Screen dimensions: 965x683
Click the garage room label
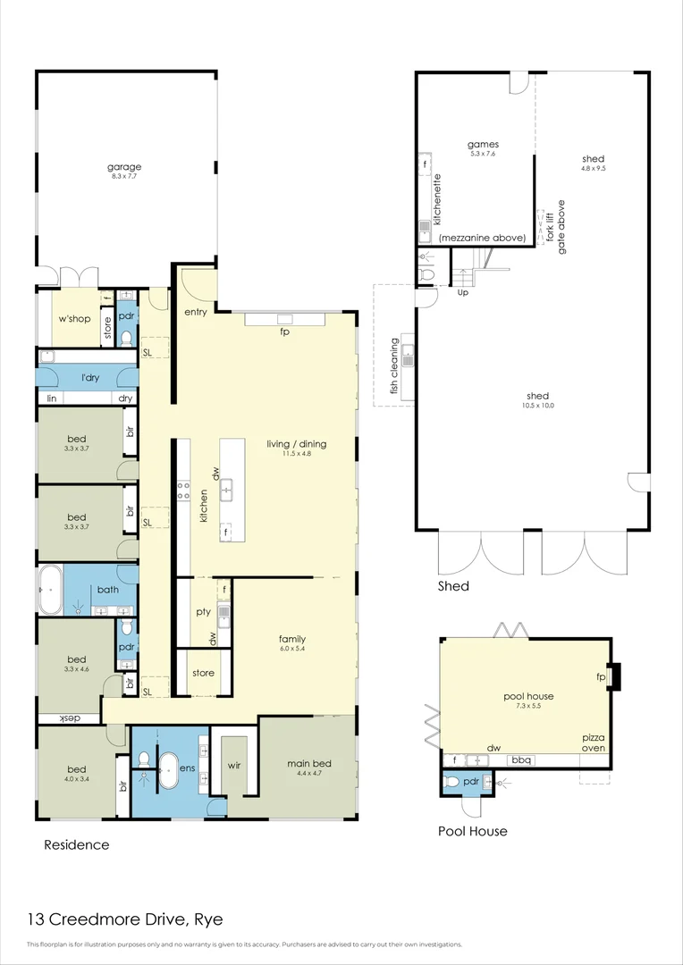[x=124, y=167]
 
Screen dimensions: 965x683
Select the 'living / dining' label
[x=297, y=444]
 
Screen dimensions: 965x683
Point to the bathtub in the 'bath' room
[x=50, y=591]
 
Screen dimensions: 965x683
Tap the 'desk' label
[x=70, y=717]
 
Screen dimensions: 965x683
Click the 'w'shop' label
[x=74, y=319]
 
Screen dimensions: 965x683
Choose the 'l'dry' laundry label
[x=90, y=378]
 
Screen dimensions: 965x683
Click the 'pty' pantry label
[x=203, y=612]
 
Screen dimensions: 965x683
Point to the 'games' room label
[x=483, y=144]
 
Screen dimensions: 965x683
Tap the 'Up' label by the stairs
[x=463, y=292]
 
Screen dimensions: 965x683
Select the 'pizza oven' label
[x=594, y=743]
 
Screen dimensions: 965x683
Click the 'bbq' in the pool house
[x=521, y=760]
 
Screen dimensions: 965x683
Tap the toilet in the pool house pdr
[x=452, y=782]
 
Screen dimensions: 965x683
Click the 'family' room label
[x=292, y=639]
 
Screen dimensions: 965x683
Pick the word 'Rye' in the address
[x=207, y=919]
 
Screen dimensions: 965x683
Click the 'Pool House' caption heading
[x=472, y=831]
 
